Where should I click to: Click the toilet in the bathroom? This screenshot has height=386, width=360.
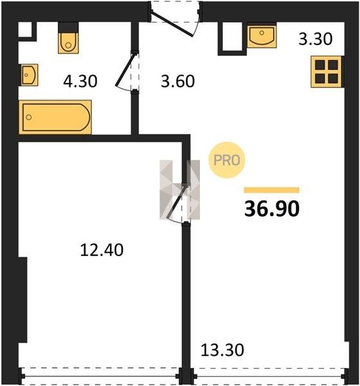(68, 42)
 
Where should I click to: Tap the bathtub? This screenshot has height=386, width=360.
(55, 117)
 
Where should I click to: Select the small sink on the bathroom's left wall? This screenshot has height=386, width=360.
(29, 75)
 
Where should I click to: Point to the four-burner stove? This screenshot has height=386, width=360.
(327, 71)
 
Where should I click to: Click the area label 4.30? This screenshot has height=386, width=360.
(80, 81)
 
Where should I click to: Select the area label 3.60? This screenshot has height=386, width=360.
(177, 81)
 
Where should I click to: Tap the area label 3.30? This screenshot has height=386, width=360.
(316, 39)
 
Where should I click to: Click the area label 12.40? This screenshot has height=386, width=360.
(102, 250)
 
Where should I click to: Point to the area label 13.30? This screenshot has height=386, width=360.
(222, 350)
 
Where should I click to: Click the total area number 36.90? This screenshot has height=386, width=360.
(272, 208)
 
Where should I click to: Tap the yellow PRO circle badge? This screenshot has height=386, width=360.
(227, 160)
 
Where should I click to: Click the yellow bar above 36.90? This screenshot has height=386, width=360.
(272, 190)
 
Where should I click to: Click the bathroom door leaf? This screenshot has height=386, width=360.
(125, 69)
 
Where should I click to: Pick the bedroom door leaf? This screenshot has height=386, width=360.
(177, 201)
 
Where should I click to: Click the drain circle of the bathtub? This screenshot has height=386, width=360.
(29, 117)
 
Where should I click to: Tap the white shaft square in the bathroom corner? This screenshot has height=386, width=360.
(25, 30)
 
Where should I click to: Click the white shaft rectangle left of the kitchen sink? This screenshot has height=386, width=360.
(232, 37)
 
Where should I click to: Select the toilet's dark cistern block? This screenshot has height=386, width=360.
(68, 27)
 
